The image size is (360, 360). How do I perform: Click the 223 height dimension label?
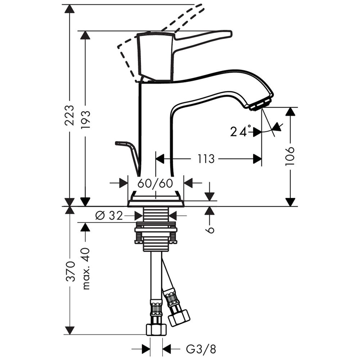69,115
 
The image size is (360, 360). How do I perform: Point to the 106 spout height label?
290,156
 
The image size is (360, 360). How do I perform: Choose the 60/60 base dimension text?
155,183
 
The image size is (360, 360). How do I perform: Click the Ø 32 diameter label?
109,216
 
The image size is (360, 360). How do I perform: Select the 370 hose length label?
70,271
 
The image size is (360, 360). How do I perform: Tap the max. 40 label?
86,269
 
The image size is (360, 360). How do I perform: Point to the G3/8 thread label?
201,349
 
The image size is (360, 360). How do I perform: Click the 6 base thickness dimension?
210,230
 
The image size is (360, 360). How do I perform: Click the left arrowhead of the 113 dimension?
160,159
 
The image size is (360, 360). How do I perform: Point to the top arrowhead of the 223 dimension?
69,9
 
